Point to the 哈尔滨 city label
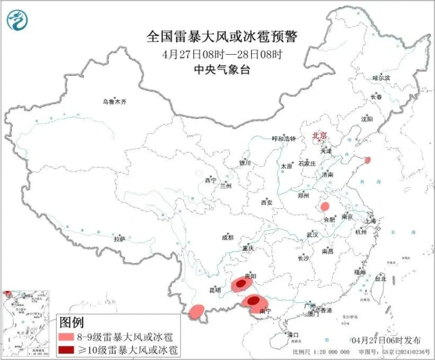coord(381,78)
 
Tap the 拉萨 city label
coord(119,239)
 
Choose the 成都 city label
coord(227,237)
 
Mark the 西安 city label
coord(267,203)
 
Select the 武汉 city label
coord(312,235)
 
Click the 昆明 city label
coord(214,290)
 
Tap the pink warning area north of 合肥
coord(324,206)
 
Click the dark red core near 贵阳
coord(240,286)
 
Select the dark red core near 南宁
coord(254,302)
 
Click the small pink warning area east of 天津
coord(367,160)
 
